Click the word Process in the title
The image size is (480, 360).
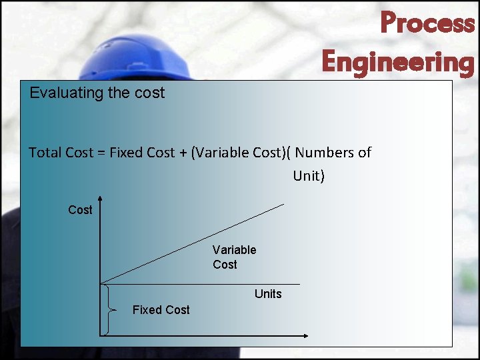pyautogui.click(x=427, y=23)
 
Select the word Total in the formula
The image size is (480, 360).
pyautogui.click(x=45, y=153)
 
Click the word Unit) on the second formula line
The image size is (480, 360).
pyautogui.click(x=309, y=177)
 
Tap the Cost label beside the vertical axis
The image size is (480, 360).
pyautogui.click(x=80, y=210)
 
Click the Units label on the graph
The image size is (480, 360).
pyautogui.click(x=268, y=294)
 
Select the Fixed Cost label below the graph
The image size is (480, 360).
pyautogui.click(x=161, y=310)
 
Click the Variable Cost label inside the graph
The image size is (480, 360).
pyautogui.click(x=234, y=257)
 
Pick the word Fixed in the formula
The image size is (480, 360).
pyautogui.click(x=125, y=153)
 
